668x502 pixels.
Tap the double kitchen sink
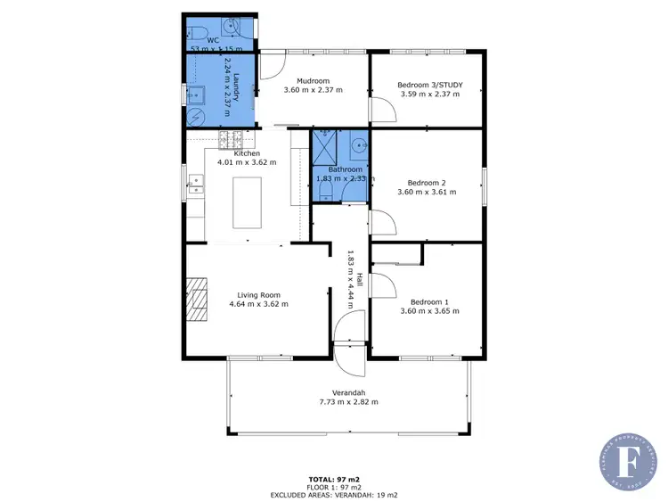[196, 185]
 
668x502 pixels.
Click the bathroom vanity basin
[358, 144]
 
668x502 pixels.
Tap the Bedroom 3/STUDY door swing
[381, 110]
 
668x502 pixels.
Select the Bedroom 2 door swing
[381, 221]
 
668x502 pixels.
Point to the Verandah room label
[348, 392]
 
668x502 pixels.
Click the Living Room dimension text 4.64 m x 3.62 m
[258, 304]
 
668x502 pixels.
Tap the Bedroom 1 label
[429, 300]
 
